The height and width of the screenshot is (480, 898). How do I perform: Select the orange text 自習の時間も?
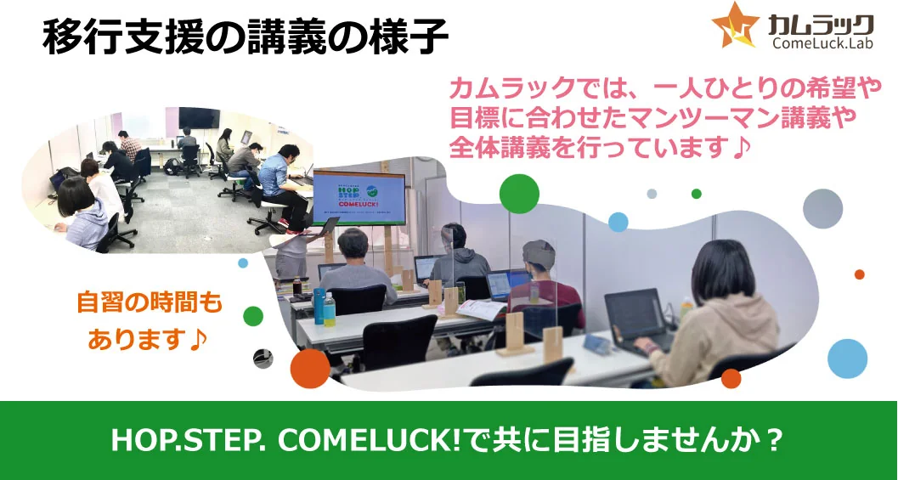pos(150,303)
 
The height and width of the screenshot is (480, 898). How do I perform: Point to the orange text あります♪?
pos(148,341)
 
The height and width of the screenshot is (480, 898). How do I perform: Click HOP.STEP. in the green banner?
pos(189,440)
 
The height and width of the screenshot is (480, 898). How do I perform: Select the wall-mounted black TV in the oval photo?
pos(200,117)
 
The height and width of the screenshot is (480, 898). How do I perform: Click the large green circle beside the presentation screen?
pos(519,194)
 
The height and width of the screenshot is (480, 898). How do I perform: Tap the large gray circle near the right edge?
pos(822,208)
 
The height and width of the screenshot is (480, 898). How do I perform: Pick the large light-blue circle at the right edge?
pos(847,359)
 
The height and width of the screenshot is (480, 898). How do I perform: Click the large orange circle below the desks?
pos(310,369)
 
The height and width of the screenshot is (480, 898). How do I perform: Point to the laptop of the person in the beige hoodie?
pos(638,319)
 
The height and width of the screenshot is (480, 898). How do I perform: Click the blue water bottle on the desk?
pos(319,307)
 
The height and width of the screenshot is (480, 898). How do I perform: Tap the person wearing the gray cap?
pos(545,280)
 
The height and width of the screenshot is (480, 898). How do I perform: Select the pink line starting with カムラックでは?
pos(665,89)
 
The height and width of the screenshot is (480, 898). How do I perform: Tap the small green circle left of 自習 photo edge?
pos(252,315)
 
